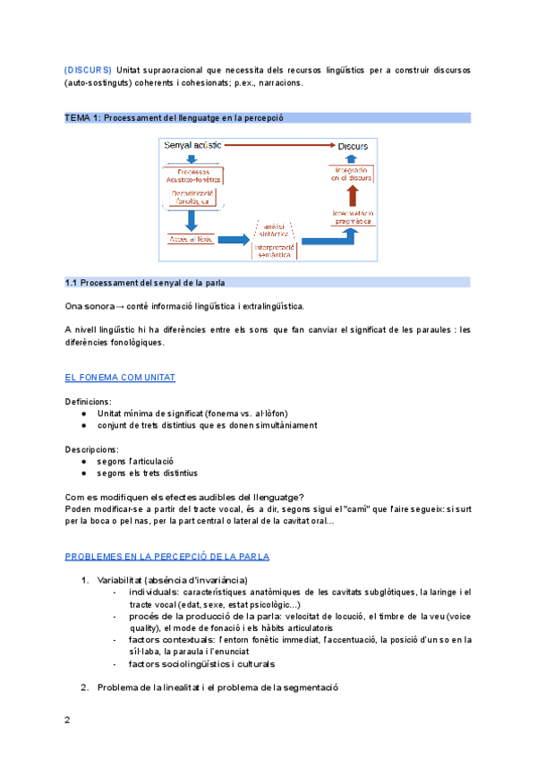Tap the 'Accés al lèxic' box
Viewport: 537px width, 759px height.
coord(190,238)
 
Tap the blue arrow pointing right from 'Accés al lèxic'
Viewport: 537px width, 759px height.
coord(232,239)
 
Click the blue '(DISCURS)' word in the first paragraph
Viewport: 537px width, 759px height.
coord(89,69)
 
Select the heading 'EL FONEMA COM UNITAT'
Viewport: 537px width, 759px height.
coord(121,378)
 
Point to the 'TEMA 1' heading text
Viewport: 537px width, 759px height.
coord(82,118)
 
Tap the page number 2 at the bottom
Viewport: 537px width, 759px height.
coord(67,721)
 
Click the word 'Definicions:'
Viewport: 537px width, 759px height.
coord(89,402)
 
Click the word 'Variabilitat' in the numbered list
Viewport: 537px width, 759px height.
coord(121,580)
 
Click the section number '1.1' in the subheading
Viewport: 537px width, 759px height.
coord(72,282)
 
